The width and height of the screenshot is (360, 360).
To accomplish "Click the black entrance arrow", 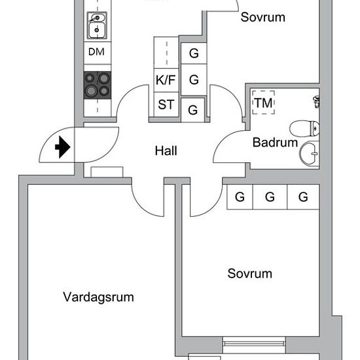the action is coord(63,147).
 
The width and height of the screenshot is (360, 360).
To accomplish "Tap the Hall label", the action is coord(166,151).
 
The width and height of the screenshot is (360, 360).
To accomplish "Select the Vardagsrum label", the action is coord(98,297).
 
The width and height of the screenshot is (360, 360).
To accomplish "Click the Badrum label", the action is coord(275,142).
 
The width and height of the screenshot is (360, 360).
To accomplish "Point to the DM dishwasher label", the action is coord(96,52).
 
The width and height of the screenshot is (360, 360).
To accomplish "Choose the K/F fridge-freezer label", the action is coord(166,80).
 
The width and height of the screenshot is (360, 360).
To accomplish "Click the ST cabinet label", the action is coord(166,105).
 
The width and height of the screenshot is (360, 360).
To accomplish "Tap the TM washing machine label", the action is coord(264,103).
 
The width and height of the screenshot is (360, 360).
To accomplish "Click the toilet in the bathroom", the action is coord(304,129).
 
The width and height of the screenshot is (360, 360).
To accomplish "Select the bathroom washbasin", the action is coord(310,153).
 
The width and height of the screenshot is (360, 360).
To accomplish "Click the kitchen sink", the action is coord(97,26).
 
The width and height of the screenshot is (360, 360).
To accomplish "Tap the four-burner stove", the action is coord(98,85).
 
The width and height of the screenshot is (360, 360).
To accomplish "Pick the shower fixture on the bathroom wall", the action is coord(316,101).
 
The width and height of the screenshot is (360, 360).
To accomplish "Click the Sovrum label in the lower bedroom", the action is coord(250,274).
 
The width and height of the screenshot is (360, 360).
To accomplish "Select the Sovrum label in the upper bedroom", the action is coord(263,17).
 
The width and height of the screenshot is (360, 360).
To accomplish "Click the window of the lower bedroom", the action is coord(254,344).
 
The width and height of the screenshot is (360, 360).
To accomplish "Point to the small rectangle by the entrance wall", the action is coord(107,172).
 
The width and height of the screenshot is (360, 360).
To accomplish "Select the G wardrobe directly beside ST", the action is coord(193,110).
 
